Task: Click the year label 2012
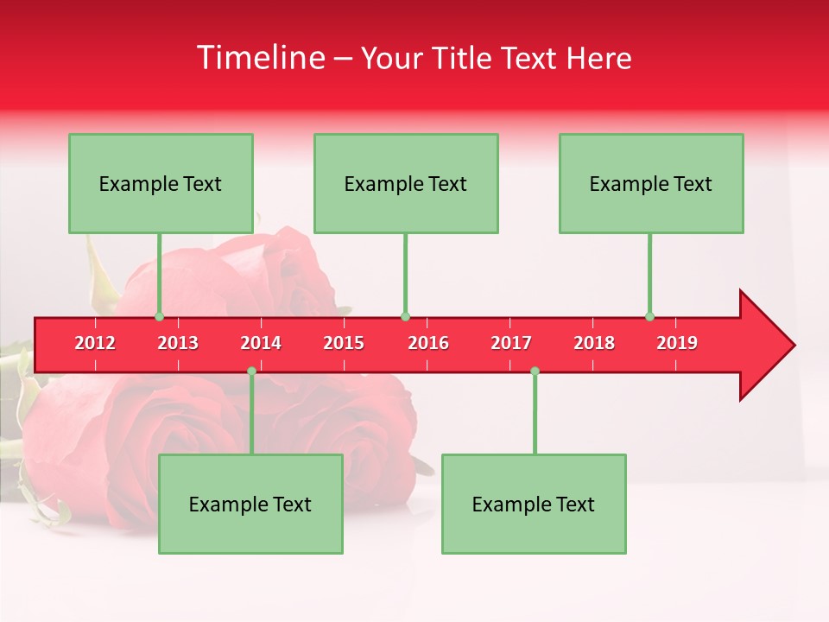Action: [x=95, y=343]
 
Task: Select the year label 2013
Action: [x=178, y=343]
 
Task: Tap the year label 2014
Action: [x=261, y=343]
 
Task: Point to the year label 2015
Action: [x=344, y=343]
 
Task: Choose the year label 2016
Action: [x=428, y=343]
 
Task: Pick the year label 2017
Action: [x=511, y=343]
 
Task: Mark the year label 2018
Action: [x=594, y=343]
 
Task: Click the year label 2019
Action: [x=677, y=343]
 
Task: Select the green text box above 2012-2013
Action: [x=161, y=183]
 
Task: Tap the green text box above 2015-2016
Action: [x=406, y=183]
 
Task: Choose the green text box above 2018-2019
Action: [x=651, y=183]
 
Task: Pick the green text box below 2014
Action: [x=250, y=504]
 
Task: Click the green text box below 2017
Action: [x=534, y=504]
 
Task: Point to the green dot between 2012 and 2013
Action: [x=159, y=316]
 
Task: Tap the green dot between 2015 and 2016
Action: [x=405, y=316]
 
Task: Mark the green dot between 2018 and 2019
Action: [x=649, y=316]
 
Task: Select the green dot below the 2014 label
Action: [x=251, y=371]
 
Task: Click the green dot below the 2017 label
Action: [x=535, y=371]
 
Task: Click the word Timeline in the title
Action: [x=259, y=58]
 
